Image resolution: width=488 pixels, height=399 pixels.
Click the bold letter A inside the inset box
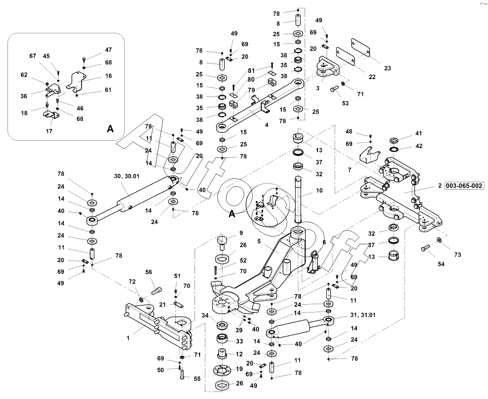click(x=110, y=129)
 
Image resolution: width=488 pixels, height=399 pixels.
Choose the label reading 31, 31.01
click(x=363, y=315)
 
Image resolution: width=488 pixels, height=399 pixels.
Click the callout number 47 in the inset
click(x=108, y=50)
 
